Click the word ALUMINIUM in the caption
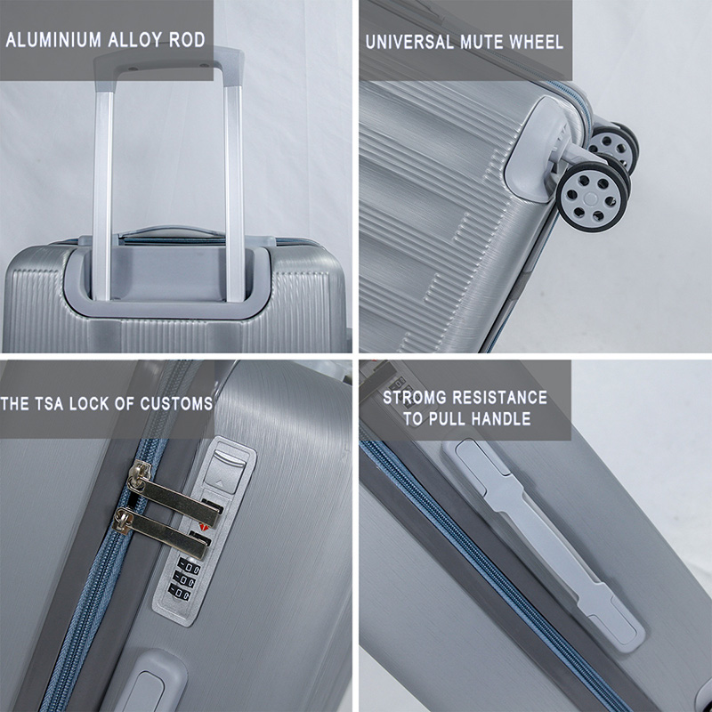pyautogui.click(x=53, y=40)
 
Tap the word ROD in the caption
pyautogui.click(x=187, y=40)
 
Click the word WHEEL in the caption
pyautogui.click(x=536, y=42)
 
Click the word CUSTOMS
pyautogui.click(x=176, y=404)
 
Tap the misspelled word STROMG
pyautogui.click(x=415, y=398)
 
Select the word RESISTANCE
pyautogui.click(x=500, y=398)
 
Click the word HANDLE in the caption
pyautogui.click(x=503, y=418)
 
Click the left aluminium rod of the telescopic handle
pyautogui.click(x=102, y=190)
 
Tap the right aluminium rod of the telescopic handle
pyautogui.click(x=234, y=190)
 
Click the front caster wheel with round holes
pyautogui.click(x=591, y=196)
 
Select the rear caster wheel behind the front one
pyautogui.click(x=613, y=144)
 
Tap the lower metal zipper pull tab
pyautogui.click(x=162, y=534)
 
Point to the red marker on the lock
pyautogui.click(x=203, y=527)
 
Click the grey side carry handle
pyautogui.click(x=544, y=540)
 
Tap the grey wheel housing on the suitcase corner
pyautogui.click(x=535, y=149)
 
